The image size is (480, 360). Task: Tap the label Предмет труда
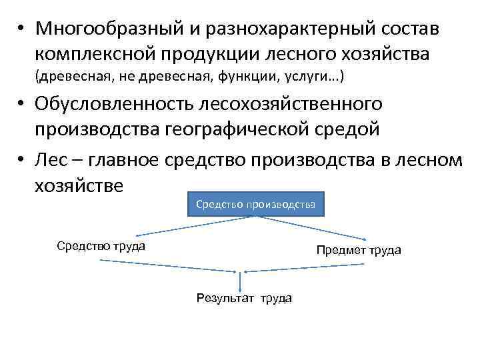click(x=358, y=250)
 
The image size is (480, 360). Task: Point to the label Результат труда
click(x=243, y=298)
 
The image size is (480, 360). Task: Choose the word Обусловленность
click(x=111, y=105)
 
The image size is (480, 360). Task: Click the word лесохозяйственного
click(x=288, y=105)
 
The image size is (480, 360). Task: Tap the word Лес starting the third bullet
click(x=53, y=160)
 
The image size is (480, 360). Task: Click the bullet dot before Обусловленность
click(x=22, y=105)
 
